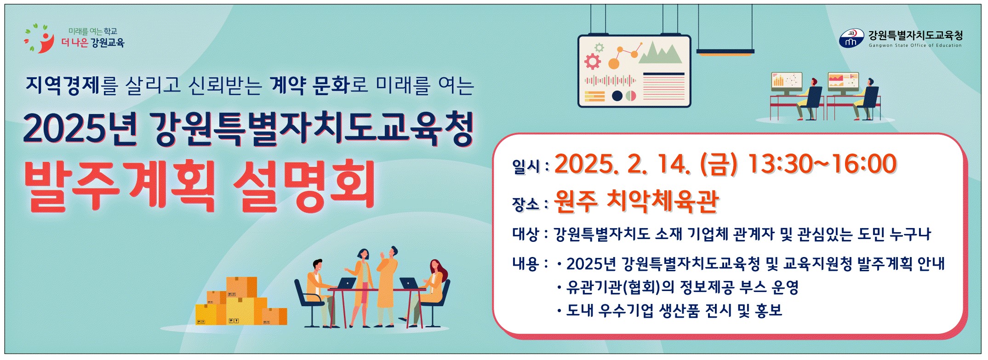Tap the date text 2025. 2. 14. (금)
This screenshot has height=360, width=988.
point(645,164)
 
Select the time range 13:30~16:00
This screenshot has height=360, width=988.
point(822,164)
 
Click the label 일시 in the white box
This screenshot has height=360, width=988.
point(526,166)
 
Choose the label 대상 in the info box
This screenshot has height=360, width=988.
point(525,234)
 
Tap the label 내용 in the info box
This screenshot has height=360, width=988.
point(525,263)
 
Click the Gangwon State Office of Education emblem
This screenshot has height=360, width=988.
point(851,39)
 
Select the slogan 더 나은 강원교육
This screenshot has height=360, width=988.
point(93,43)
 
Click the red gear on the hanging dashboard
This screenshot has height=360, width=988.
point(592,61)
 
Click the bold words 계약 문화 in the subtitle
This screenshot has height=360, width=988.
point(310,85)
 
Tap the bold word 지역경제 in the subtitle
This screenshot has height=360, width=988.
point(63,85)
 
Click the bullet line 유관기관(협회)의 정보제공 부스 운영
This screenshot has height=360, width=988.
point(682,287)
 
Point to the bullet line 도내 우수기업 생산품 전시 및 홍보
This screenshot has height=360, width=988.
point(674,311)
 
